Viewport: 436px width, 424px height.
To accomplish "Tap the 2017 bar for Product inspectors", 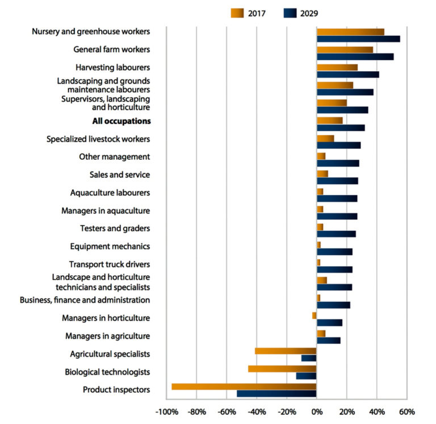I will tap(244, 386).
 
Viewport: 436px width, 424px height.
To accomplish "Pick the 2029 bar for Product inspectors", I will tap(276, 393).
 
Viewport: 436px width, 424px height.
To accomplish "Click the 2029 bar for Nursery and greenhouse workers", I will tap(358, 39).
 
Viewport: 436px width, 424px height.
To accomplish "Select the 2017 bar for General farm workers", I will tap(345, 49).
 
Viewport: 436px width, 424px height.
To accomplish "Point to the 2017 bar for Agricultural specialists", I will tap(286, 351).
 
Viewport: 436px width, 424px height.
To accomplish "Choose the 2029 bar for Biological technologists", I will tap(306, 376).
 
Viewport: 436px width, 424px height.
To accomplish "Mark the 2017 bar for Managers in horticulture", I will tap(314, 315).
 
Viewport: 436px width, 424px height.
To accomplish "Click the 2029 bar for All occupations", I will tap(341, 127).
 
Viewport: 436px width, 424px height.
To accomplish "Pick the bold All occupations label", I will tap(121, 121).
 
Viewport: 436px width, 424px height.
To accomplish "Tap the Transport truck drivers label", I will tap(109, 264).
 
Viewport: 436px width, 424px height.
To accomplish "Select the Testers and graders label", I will tap(115, 228).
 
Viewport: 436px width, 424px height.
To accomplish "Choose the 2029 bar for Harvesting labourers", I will tap(347, 74).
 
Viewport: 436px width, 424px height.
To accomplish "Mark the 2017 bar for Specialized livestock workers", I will tap(325, 138).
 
